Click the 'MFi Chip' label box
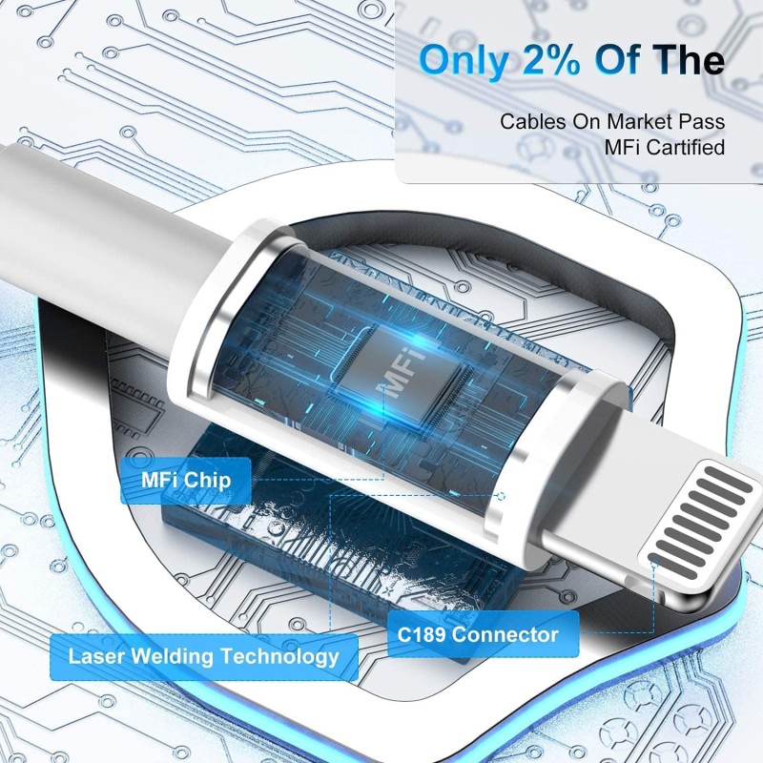tap(186, 480)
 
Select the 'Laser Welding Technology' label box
tap(203, 656)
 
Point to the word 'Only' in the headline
tap(462, 59)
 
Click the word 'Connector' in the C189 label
tap(506, 634)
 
